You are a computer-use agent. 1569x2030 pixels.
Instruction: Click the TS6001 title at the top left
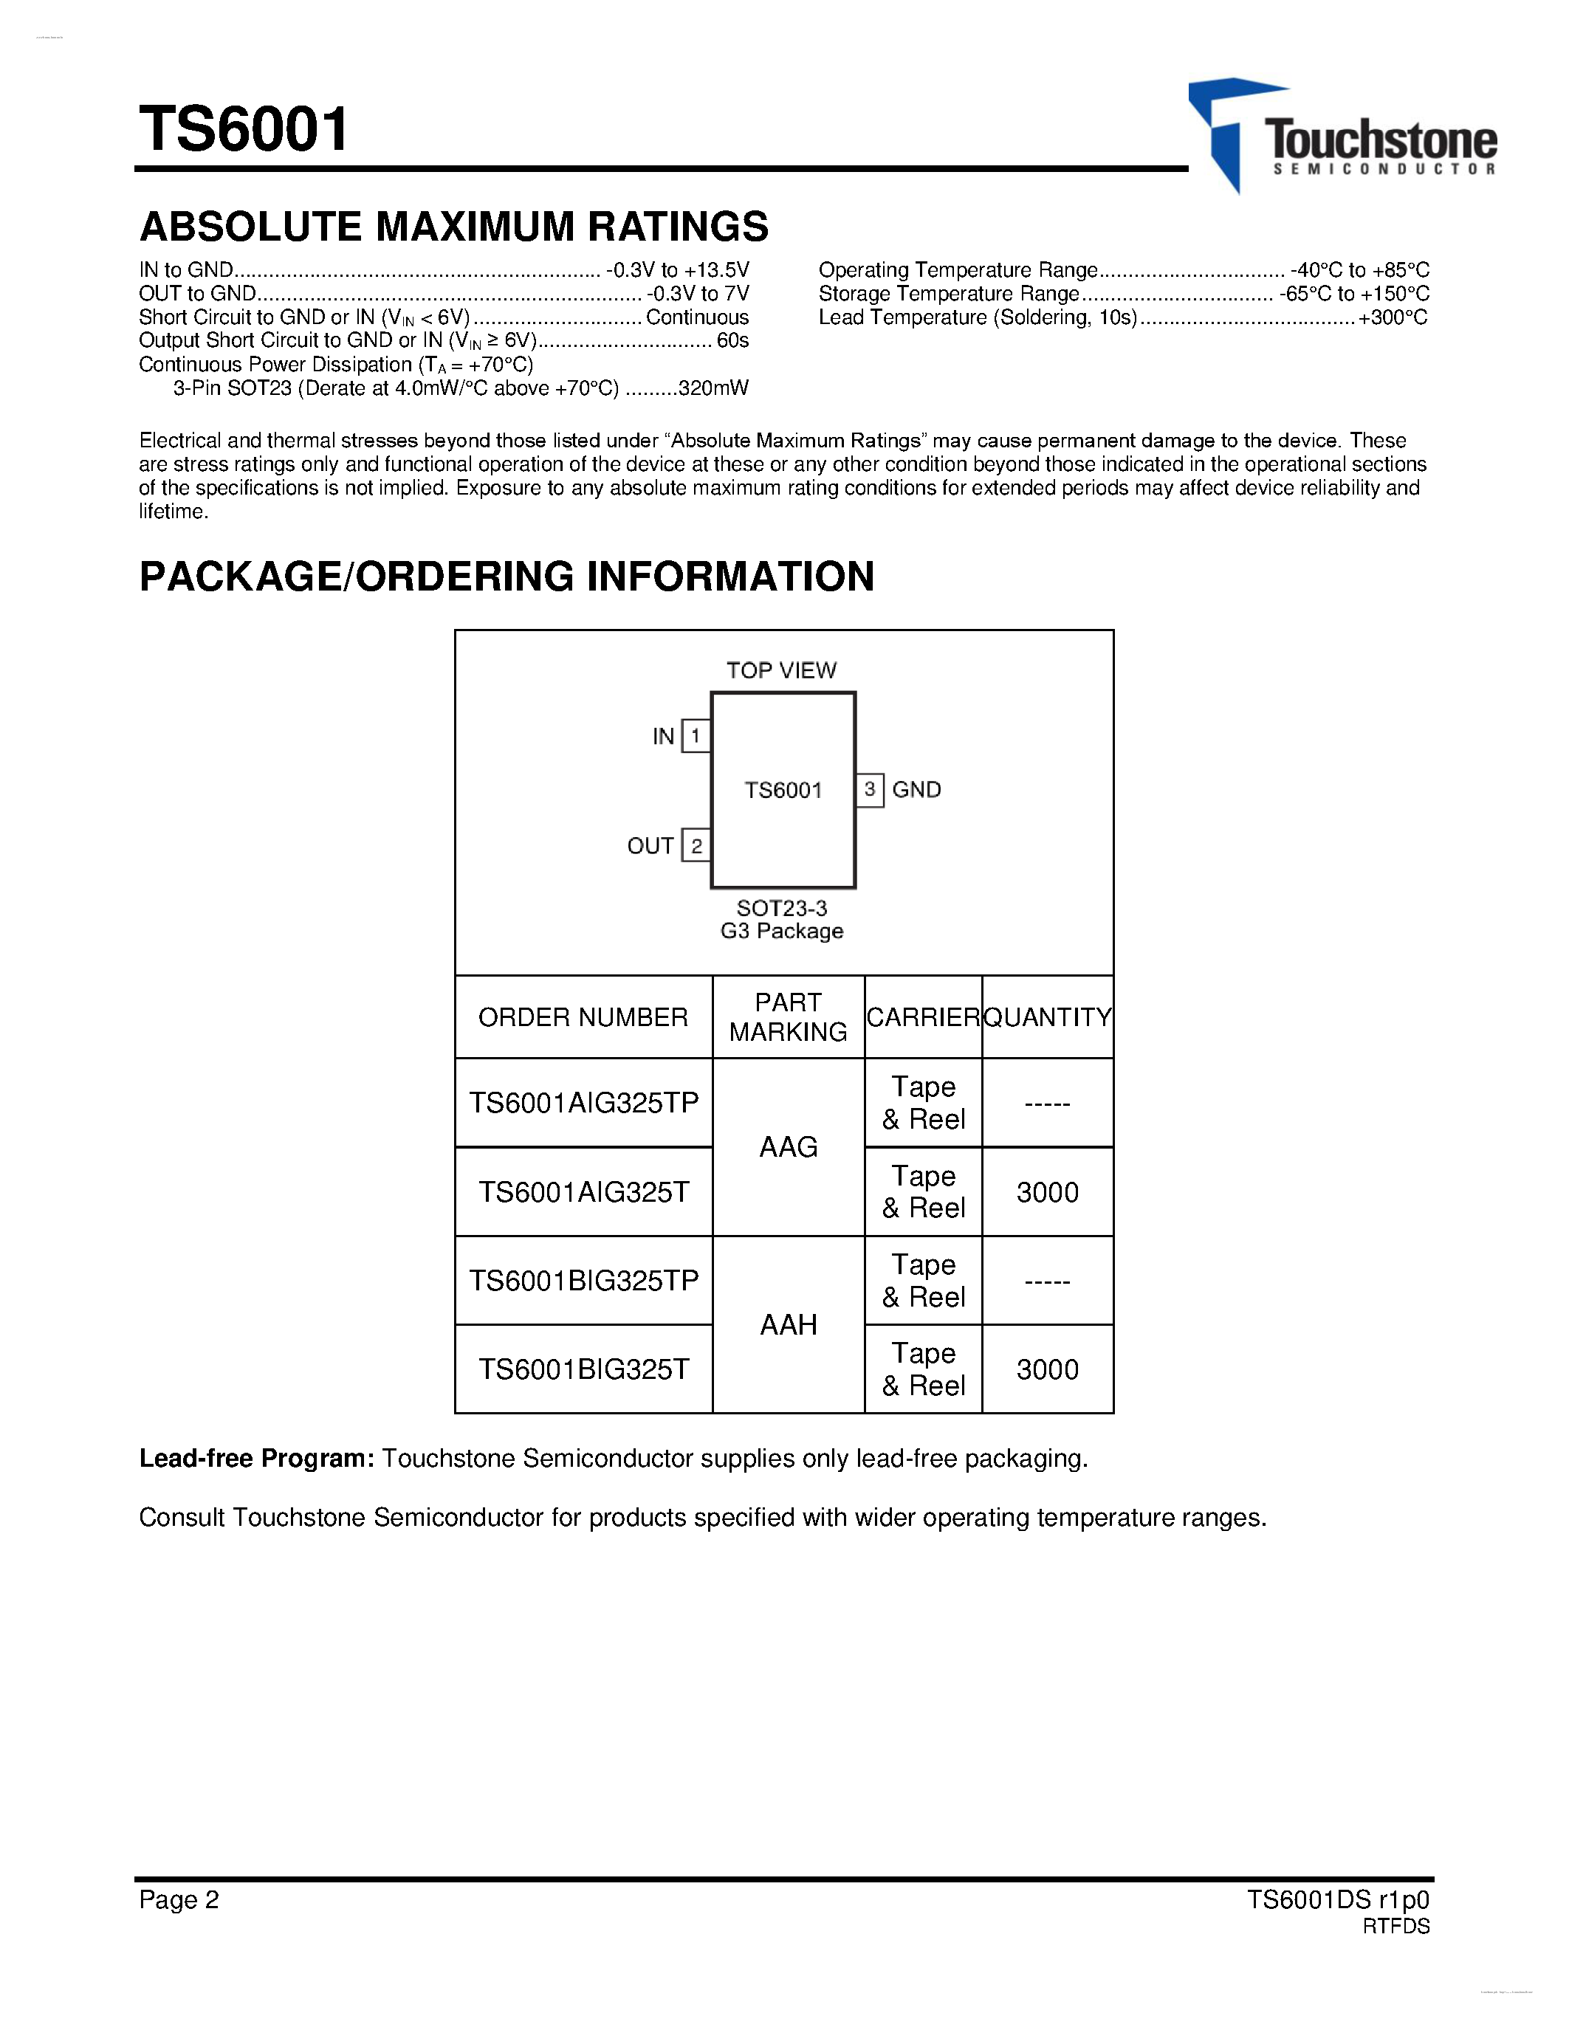click(x=244, y=128)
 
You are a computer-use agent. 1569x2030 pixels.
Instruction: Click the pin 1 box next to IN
click(x=696, y=736)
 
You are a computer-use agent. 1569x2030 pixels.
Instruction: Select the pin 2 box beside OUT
click(x=696, y=846)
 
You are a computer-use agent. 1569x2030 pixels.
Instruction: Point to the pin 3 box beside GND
click(x=869, y=790)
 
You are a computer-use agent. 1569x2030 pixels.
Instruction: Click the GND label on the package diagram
click(x=916, y=790)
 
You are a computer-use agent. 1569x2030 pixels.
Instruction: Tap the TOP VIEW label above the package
click(x=780, y=670)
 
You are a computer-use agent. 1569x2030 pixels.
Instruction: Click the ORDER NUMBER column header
click(x=583, y=1017)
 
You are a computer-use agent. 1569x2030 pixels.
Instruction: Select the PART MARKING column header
click(x=789, y=1017)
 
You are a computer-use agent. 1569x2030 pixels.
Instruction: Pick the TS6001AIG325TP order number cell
click(x=583, y=1102)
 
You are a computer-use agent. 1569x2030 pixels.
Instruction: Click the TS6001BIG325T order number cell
click(x=583, y=1369)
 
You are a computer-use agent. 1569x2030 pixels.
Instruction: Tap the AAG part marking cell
click(x=789, y=1147)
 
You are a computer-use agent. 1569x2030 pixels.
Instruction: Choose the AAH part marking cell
click(x=789, y=1324)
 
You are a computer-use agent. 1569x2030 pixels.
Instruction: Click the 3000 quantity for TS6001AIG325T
click(x=1048, y=1192)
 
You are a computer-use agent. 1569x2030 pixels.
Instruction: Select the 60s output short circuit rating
click(x=732, y=341)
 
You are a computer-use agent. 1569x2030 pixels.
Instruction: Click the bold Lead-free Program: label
click(x=256, y=1459)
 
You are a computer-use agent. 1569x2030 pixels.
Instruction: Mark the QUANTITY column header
click(x=1048, y=1017)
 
